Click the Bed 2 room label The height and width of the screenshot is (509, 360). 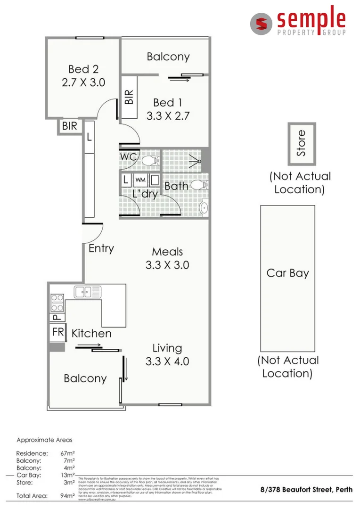coord(83,69)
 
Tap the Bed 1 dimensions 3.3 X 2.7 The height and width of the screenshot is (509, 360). coord(168,116)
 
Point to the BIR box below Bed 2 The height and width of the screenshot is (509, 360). coord(70,126)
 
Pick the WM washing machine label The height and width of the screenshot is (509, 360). coord(140,180)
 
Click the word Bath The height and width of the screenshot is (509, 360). coord(176,186)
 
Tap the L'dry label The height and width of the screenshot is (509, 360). coord(145,193)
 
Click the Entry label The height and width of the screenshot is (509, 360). coord(101,248)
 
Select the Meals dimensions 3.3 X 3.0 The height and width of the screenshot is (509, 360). coord(167,265)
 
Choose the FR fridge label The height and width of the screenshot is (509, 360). coord(58,332)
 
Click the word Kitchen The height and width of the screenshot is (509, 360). coord(91,334)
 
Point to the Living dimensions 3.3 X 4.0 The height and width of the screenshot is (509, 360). coord(167,361)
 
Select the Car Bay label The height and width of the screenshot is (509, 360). coord(287,273)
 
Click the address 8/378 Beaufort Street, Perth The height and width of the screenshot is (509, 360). coord(306,489)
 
